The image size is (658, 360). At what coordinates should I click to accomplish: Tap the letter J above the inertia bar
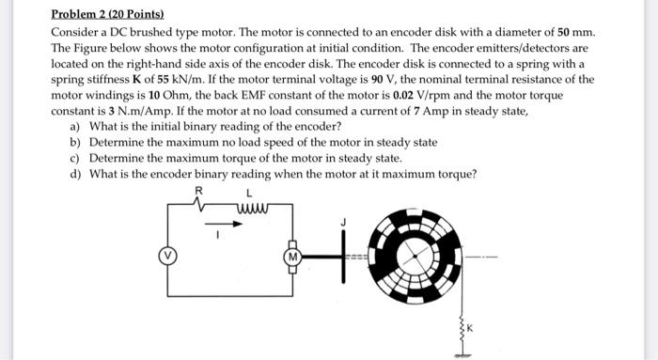tap(345, 222)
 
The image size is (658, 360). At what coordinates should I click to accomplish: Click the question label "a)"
tap(75, 126)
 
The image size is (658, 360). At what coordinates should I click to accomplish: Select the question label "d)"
tap(75, 173)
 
